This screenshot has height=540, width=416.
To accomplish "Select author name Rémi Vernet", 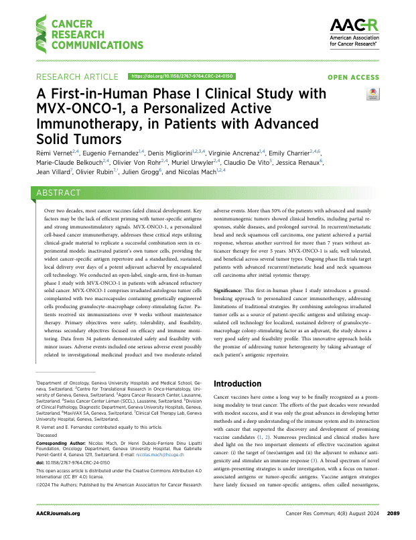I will (54, 153).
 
